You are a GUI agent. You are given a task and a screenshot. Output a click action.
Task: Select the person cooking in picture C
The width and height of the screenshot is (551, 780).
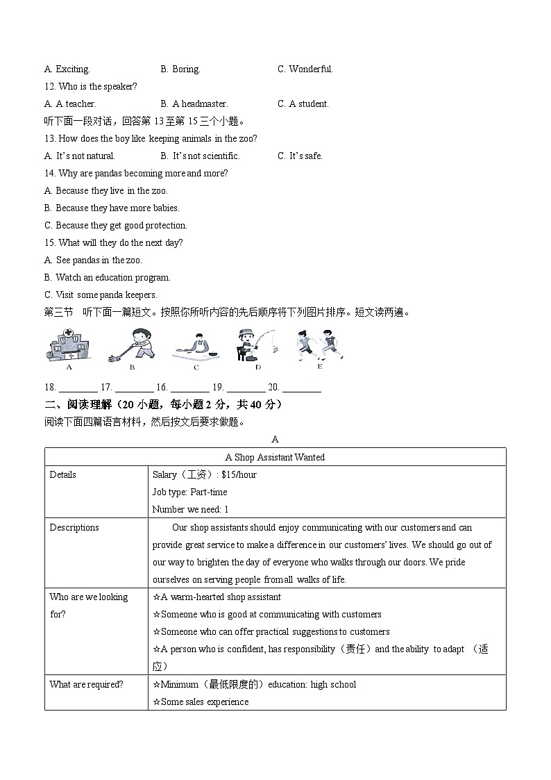(x=196, y=346)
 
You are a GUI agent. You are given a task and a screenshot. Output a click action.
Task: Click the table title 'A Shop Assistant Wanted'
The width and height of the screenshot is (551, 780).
(x=275, y=457)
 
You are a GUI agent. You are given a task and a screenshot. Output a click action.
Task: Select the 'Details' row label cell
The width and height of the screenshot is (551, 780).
(x=63, y=475)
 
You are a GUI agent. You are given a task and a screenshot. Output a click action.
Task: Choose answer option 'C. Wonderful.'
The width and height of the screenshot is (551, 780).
(x=305, y=69)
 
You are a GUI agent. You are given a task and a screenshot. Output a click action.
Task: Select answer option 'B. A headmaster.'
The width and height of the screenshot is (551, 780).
(x=194, y=104)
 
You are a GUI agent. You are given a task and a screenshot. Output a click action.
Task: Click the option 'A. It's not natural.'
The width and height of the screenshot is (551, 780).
(x=80, y=156)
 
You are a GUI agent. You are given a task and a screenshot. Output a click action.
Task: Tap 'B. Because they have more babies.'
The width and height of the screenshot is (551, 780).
(x=112, y=208)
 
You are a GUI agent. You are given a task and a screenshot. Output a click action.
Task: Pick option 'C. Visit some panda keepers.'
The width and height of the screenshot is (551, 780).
(x=101, y=295)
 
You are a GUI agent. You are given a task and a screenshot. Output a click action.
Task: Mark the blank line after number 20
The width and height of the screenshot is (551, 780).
(x=302, y=388)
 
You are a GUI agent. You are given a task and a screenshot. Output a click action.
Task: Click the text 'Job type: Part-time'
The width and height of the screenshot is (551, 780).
(x=189, y=492)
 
